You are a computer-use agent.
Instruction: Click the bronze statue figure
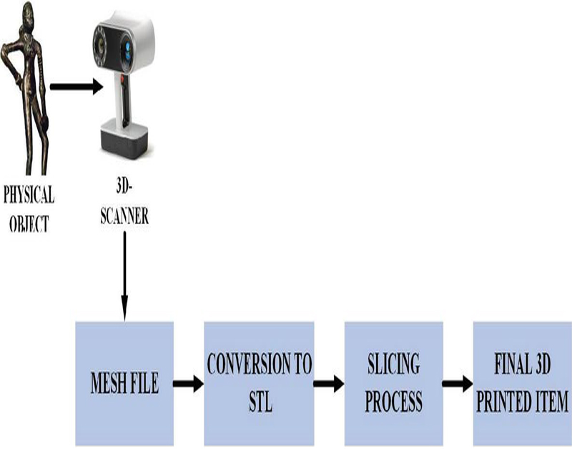(x=26, y=86)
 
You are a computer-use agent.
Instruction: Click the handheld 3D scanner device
(x=125, y=79)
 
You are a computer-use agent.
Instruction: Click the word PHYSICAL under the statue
(x=29, y=194)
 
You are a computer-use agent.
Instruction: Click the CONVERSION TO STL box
(x=259, y=383)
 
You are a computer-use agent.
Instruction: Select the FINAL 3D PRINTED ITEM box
(x=521, y=383)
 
